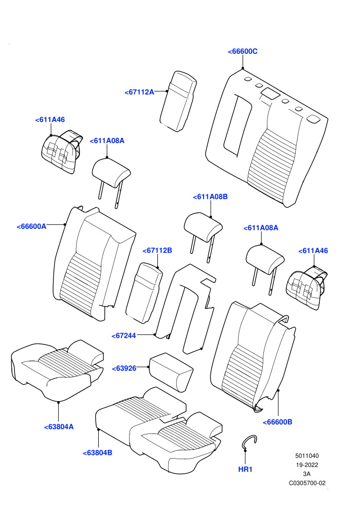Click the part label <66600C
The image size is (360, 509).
[243, 51]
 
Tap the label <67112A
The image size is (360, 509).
[139, 92]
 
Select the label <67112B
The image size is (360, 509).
[157, 250]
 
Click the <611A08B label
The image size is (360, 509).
[210, 196]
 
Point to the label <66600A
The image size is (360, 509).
[31, 226]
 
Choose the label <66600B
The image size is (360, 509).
[277, 422]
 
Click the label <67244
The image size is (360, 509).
[123, 336]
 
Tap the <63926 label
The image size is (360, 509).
[124, 368]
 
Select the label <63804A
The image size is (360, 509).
[59, 427]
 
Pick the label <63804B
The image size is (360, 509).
[97, 452]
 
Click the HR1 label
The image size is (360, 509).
[245, 469]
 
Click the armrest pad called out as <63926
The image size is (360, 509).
[171, 372]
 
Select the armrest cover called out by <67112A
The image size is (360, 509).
[178, 101]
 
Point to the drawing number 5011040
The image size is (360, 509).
[307, 456]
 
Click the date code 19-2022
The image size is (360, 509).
[307, 465]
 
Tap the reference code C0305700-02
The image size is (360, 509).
[307, 483]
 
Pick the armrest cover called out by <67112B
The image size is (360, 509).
[144, 293]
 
